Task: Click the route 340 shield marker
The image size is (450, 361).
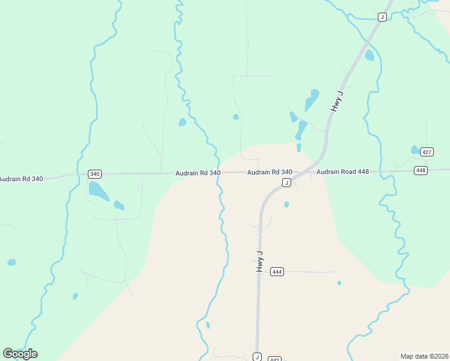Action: click(94, 174)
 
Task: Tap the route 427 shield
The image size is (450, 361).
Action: click(427, 152)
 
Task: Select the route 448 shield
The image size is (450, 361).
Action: click(421, 171)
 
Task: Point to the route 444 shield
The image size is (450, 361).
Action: click(277, 271)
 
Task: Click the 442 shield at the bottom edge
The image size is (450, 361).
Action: click(274, 359)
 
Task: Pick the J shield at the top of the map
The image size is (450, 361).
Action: click(381, 17)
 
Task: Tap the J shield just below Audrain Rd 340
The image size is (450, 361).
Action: click(286, 182)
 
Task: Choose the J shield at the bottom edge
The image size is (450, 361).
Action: click(257, 356)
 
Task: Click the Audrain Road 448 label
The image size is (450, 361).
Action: click(342, 171)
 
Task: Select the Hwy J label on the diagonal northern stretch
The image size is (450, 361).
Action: click(336, 101)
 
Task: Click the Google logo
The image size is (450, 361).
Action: click(20, 354)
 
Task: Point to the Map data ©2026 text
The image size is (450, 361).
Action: click(424, 356)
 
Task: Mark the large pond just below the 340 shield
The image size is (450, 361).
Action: click(99, 191)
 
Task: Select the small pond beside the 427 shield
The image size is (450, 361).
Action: click(415, 149)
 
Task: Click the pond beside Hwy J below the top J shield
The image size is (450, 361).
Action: click(369, 55)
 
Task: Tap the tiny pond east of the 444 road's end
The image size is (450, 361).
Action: click(339, 283)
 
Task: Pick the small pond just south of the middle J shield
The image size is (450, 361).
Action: click(286, 205)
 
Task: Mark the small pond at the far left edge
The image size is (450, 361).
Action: click(11, 262)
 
